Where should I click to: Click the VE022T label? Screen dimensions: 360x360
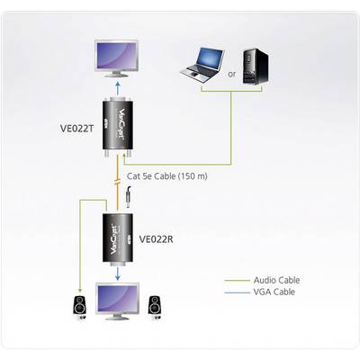(x=77, y=128)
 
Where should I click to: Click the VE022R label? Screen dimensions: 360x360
(x=156, y=239)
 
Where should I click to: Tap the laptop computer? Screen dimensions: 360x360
(x=202, y=65)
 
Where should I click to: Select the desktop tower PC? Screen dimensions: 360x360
(x=255, y=67)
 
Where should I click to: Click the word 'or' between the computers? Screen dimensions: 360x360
(x=232, y=74)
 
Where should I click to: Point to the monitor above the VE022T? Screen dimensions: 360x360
(x=117, y=58)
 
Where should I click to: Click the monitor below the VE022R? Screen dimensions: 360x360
(x=117, y=301)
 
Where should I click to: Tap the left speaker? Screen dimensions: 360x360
(x=79, y=308)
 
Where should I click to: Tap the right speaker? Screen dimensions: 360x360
(x=156, y=307)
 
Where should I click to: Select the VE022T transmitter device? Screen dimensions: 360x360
(x=118, y=127)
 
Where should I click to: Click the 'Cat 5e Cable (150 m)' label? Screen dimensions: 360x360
(x=167, y=176)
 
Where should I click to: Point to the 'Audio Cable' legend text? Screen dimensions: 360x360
(x=276, y=280)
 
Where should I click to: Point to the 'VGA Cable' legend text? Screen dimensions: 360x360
(x=274, y=292)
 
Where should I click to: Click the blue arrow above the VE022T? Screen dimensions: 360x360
(x=118, y=89)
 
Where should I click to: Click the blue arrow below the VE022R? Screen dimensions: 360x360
(x=118, y=274)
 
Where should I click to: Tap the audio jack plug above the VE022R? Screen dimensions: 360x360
(x=129, y=196)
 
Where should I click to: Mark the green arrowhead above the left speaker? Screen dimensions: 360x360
(x=79, y=291)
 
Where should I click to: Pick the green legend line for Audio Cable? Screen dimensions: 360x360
(x=237, y=281)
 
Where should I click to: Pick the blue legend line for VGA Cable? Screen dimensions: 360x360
(x=237, y=292)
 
